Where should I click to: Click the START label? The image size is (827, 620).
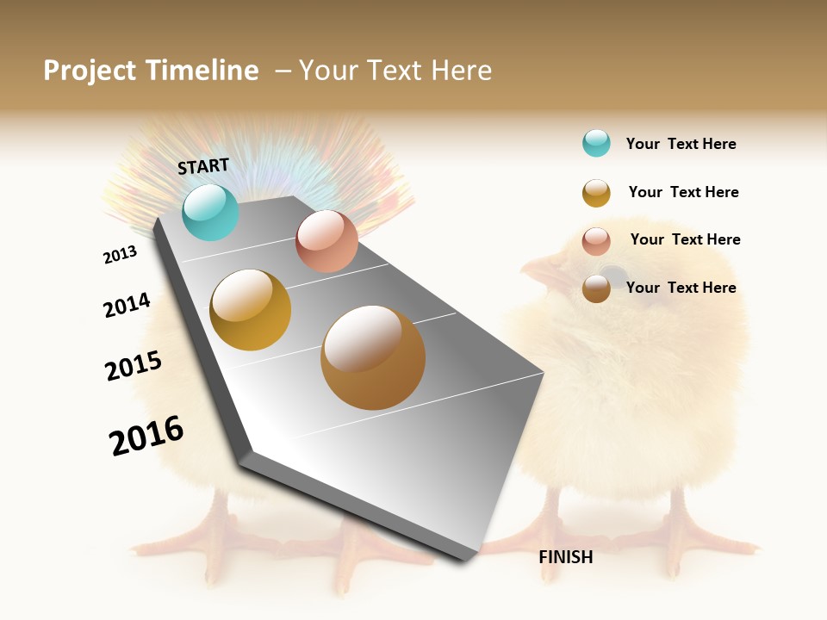point(203,166)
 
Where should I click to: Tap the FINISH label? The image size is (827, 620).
point(565,557)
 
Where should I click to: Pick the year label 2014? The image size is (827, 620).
point(127,305)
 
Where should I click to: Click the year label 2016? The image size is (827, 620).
point(146,436)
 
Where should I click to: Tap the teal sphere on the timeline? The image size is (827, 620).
point(211,213)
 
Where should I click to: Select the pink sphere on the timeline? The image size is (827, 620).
point(326,241)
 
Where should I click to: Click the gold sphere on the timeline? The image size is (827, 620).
point(251,310)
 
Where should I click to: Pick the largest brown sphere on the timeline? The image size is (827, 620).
point(373,357)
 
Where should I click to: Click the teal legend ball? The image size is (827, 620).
point(596,143)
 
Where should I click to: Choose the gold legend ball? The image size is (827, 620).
point(596,193)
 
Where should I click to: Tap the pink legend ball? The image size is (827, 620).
point(596,241)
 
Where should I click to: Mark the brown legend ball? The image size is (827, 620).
point(596,288)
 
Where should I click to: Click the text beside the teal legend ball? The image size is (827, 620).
point(681,145)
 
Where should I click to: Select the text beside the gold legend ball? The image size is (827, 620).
point(683,192)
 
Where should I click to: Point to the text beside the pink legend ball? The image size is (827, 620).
point(685,239)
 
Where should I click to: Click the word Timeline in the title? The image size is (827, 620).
point(204,71)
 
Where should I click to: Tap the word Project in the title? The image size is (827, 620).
point(90,71)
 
